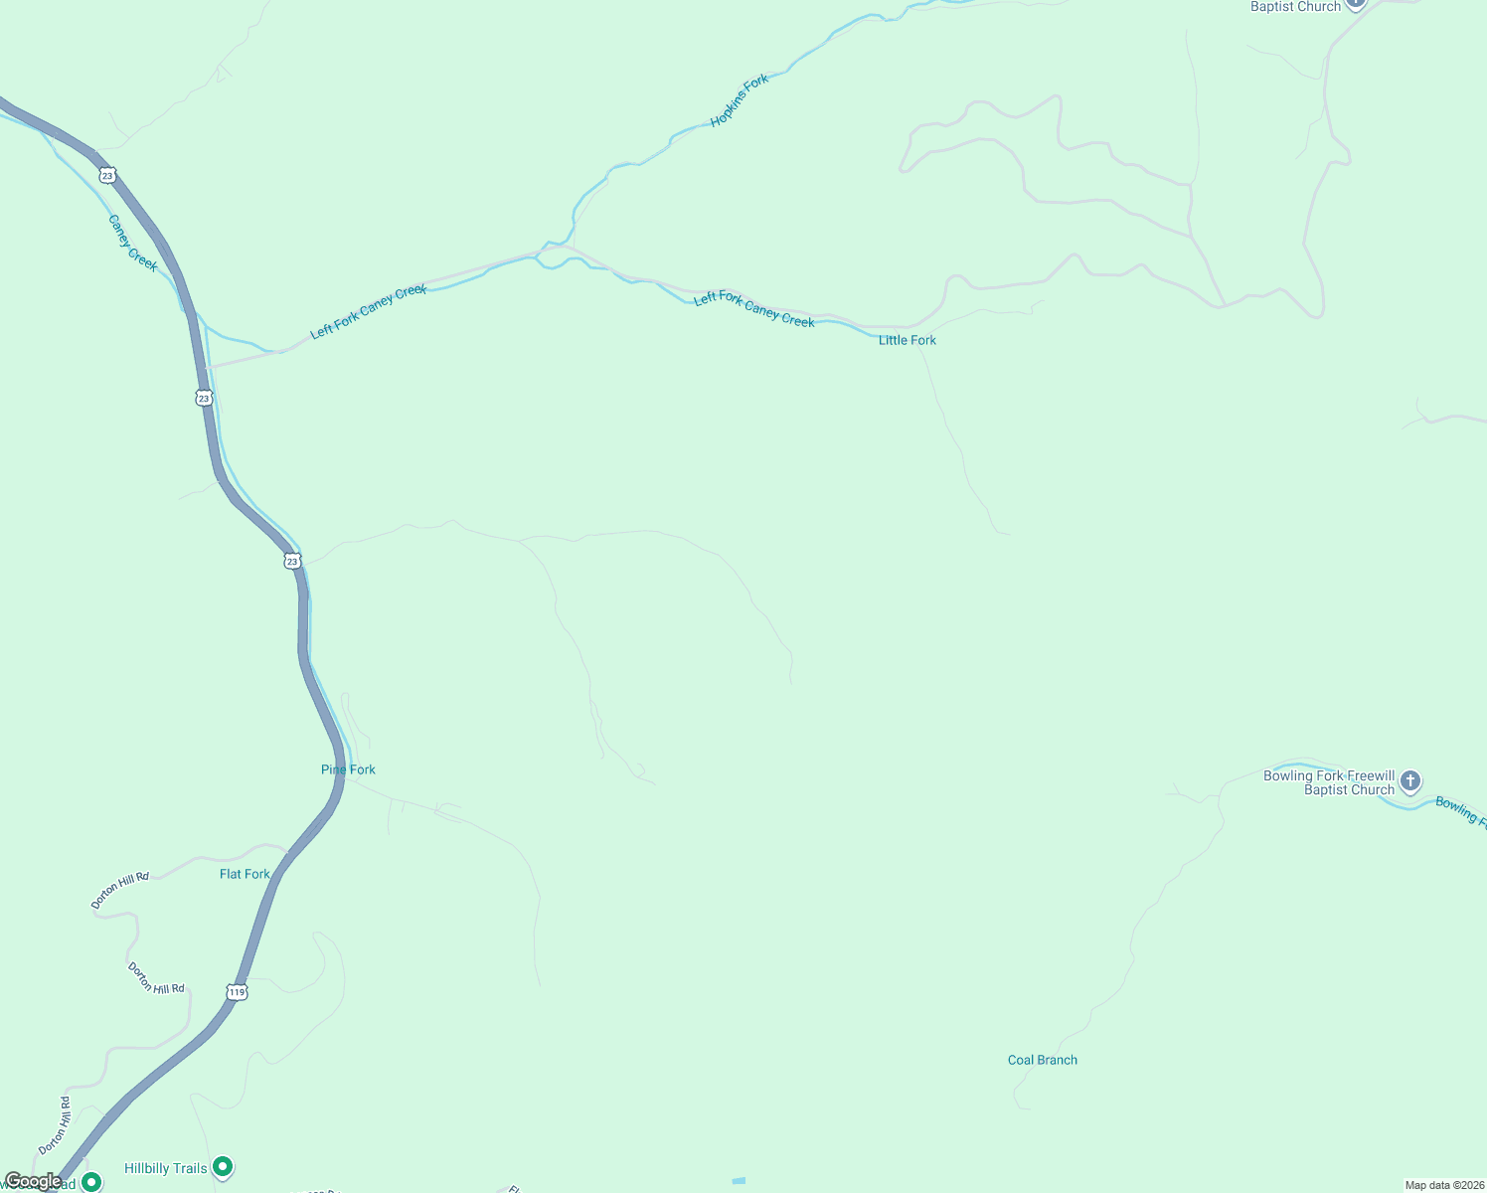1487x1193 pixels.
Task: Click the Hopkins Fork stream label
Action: [x=740, y=101]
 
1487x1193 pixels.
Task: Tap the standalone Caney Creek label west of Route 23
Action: [x=132, y=243]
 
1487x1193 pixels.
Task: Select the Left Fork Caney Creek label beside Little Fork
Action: [x=753, y=310]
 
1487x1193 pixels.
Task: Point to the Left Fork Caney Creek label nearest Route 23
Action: [x=368, y=312]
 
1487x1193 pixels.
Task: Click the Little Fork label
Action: [x=907, y=340]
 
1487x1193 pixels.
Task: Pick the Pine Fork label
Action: [x=348, y=769]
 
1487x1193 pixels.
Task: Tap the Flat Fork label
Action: [x=245, y=874]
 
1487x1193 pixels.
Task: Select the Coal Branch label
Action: [x=1042, y=1060]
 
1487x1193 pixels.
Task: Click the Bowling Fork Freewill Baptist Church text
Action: [x=1329, y=782]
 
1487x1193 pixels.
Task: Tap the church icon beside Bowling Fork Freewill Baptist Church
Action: [x=1410, y=781]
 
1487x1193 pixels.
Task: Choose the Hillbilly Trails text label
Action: [x=166, y=1168]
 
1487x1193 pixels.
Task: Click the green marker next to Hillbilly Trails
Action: [x=224, y=1166]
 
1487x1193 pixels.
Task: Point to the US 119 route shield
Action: [x=237, y=992]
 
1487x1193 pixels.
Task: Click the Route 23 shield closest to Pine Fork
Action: [x=291, y=562]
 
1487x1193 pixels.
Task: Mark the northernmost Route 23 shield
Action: [x=107, y=176]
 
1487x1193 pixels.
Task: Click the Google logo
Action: [x=32, y=1181]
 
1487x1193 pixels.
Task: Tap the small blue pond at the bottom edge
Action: [x=739, y=1180]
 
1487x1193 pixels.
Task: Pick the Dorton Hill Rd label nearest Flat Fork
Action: [x=119, y=890]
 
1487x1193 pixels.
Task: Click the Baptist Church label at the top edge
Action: [x=1295, y=7]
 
